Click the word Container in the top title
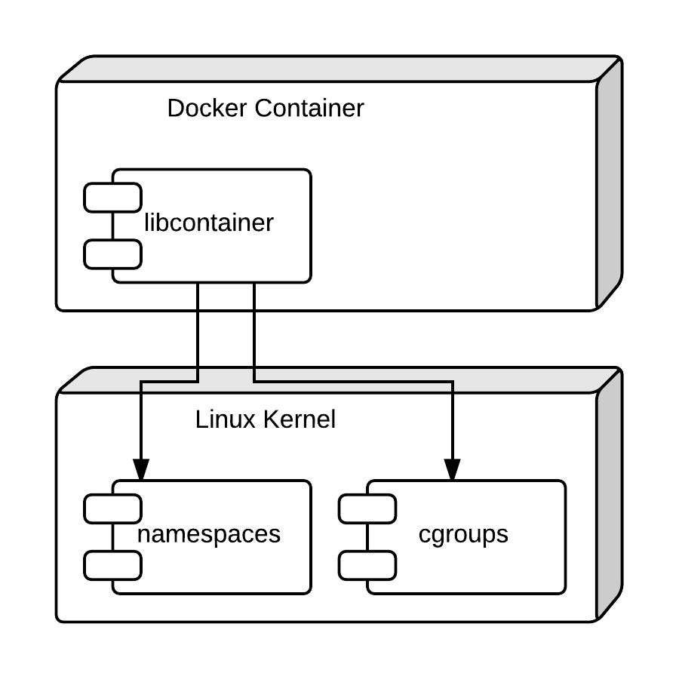coord(309,108)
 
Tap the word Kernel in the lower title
coord(300,419)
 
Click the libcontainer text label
coord(209,223)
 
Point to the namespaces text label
coord(209,534)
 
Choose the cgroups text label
coord(463,534)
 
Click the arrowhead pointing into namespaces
coord(141,470)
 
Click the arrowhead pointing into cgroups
coord(452,470)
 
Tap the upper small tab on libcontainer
coord(112,198)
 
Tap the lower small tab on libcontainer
coord(112,254)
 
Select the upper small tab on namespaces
coord(112,509)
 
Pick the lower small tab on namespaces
coord(112,565)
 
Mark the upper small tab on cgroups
coord(367,509)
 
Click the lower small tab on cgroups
coord(367,565)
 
